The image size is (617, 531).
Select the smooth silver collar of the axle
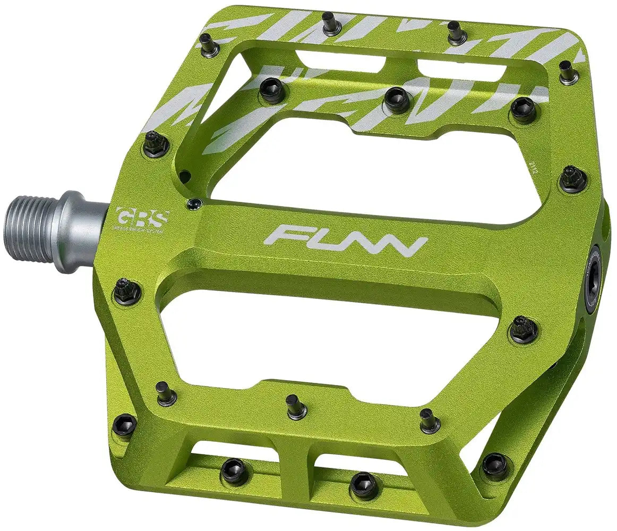[x=80, y=231]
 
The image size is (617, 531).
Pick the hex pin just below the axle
[x=127, y=292]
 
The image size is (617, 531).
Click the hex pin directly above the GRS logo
[x=156, y=143]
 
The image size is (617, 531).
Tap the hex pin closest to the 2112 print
[x=573, y=179]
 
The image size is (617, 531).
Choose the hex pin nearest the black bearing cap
[x=523, y=329]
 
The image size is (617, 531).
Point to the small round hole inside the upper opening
[x=184, y=173]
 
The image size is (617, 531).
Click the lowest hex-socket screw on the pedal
[x=364, y=484]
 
